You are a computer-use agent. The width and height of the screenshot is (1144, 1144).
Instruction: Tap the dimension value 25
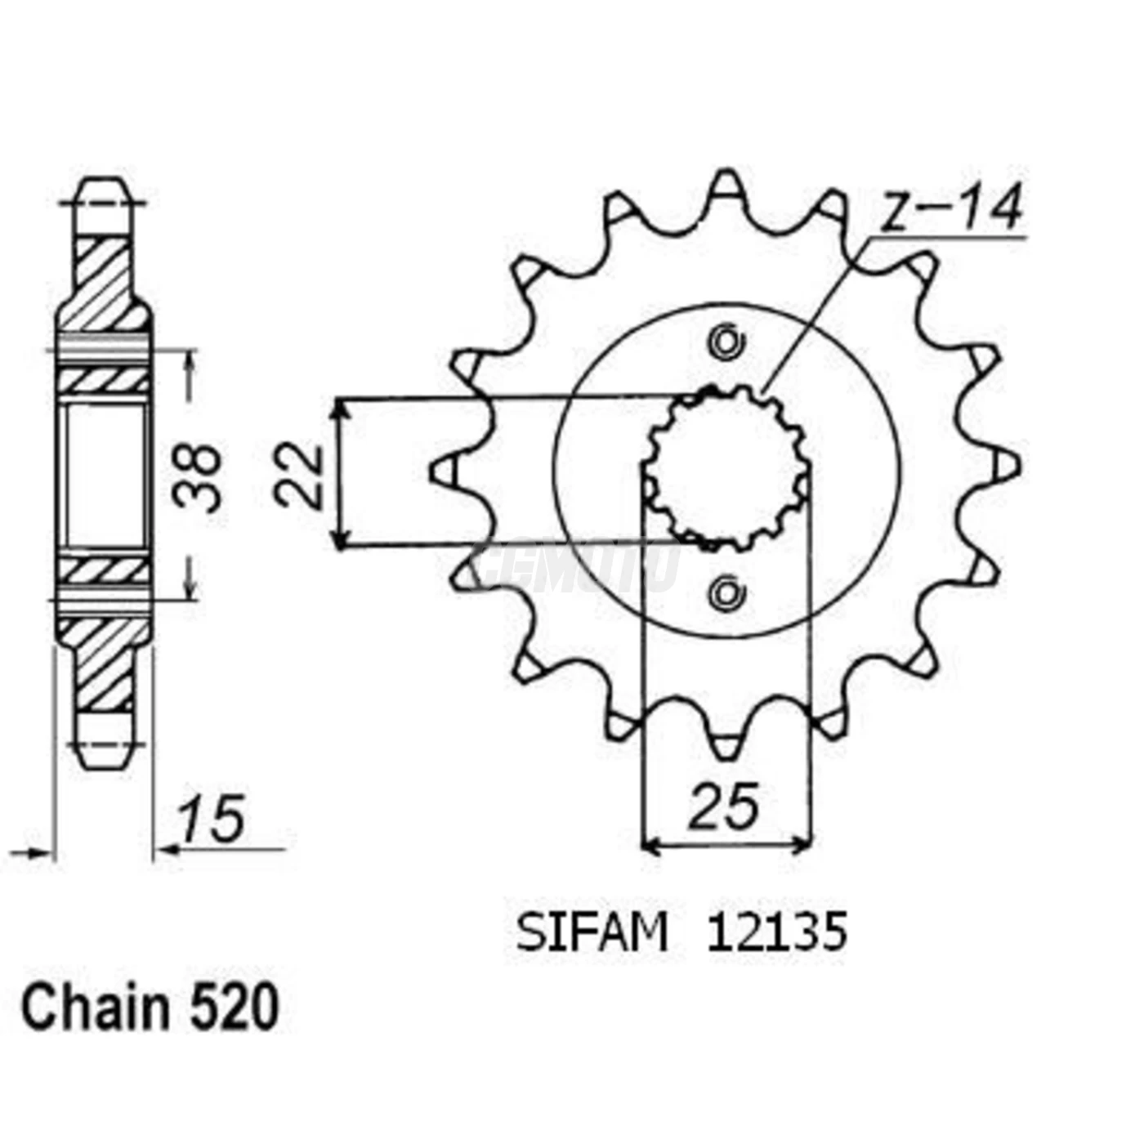pyautogui.click(x=724, y=807)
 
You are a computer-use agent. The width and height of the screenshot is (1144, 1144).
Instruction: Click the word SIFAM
pyautogui.click(x=592, y=933)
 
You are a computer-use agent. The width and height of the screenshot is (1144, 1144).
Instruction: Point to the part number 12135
pyautogui.click(x=776, y=933)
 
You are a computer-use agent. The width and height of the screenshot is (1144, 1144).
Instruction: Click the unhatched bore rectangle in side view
pyautogui.click(x=105, y=476)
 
